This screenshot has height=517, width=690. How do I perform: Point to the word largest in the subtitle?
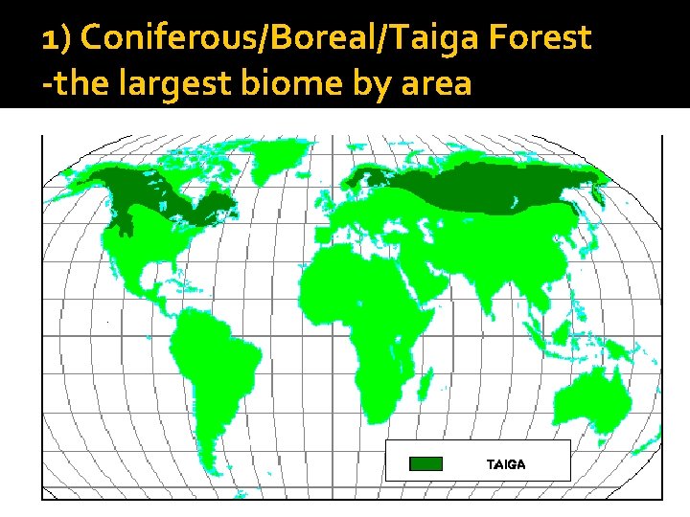pyautogui.click(x=177, y=83)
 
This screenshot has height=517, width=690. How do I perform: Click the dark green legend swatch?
pyautogui.click(x=425, y=464)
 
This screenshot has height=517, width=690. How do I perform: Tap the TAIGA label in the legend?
pyautogui.click(x=506, y=464)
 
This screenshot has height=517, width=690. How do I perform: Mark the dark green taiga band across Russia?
pyautogui.click(x=479, y=187)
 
